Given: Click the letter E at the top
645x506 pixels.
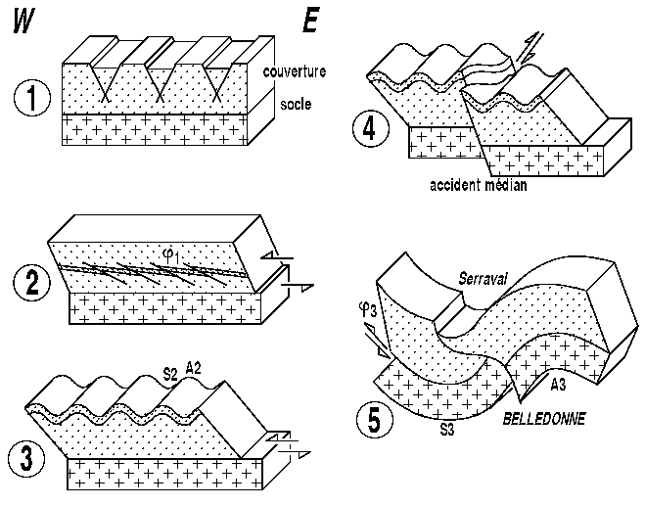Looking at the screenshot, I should point(310,22).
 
